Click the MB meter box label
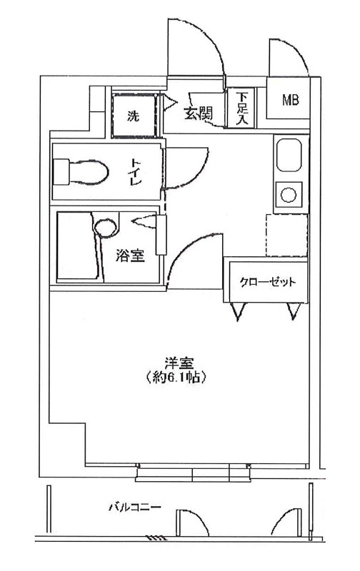click(291, 99)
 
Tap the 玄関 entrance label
click(198, 115)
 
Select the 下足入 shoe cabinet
click(241, 108)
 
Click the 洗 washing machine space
click(134, 115)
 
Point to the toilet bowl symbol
click(81, 172)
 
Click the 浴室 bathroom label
click(130, 256)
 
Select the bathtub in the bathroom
click(79, 246)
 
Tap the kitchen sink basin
click(289, 156)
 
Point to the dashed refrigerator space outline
click(286, 236)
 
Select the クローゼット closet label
click(267, 282)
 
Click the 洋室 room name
click(179, 363)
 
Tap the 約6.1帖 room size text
click(176, 378)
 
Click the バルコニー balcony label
click(135, 507)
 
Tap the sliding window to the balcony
click(193, 473)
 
